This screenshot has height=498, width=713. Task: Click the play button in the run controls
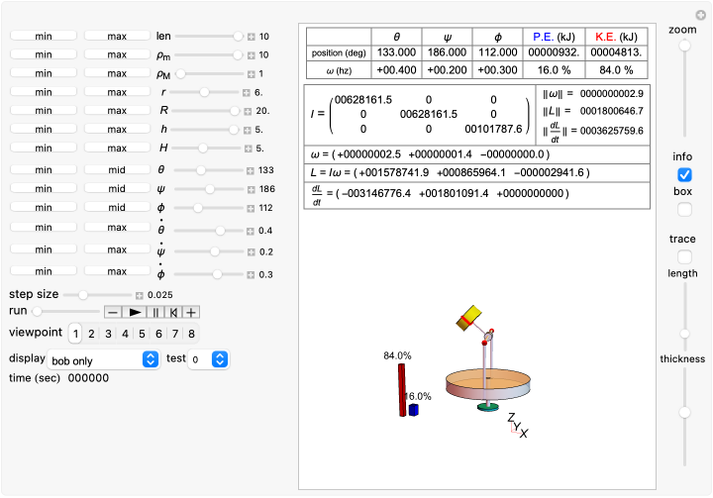tap(135, 312)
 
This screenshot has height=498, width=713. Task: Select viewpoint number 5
tap(142, 334)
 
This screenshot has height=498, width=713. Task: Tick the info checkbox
tap(683, 174)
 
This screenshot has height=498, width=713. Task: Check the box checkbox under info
tap(683, 209)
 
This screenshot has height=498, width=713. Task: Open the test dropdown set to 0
tap(209, 360)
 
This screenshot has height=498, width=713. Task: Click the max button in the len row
tap(117, 36)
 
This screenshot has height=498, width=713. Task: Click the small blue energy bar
tap(414, 409)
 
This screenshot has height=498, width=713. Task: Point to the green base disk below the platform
tap(486, 405)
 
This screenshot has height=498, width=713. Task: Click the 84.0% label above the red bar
tap(397, 355)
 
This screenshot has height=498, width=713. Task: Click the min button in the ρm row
tap(44, 54)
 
